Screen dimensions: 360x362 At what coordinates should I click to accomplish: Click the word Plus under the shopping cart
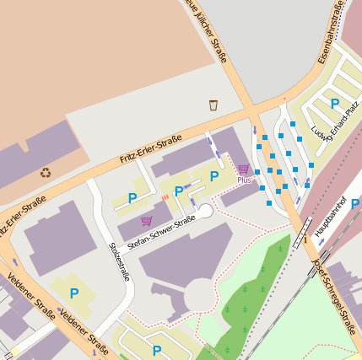point(244,180)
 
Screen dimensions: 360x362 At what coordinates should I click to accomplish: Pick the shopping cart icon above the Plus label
point(243,169)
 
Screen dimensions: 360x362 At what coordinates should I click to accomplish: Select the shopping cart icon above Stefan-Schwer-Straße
point(146,220)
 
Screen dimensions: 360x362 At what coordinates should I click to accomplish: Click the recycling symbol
point(45,173)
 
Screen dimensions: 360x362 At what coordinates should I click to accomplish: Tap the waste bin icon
point(213,105)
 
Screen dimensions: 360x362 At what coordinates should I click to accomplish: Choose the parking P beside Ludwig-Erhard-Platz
point(335,104)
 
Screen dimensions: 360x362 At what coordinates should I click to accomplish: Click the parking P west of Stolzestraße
point(74,293)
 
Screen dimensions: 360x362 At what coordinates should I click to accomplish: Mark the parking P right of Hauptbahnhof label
point(355,203)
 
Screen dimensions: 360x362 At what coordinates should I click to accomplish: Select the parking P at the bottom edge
point(157,349)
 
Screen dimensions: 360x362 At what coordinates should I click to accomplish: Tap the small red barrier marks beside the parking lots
point(165,197)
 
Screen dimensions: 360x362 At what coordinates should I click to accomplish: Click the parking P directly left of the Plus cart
point(214,175)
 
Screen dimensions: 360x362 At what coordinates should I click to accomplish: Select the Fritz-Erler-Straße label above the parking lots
point(151,148)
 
